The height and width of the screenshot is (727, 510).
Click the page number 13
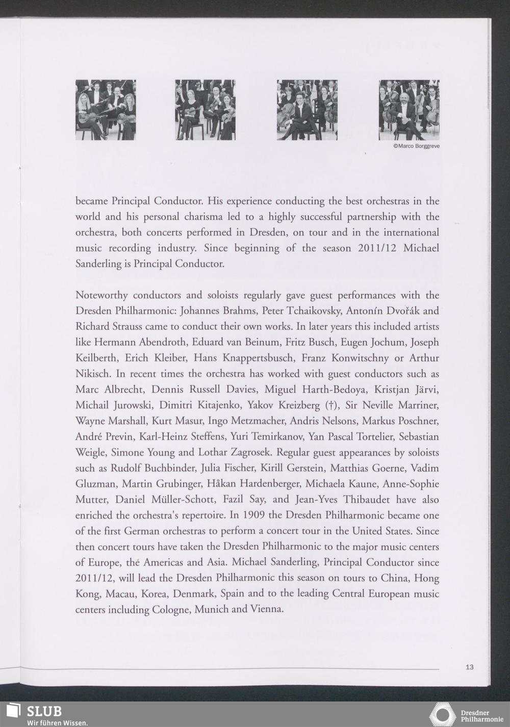click(x=470, y=666)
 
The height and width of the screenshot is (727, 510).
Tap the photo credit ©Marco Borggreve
click(x=416, y=146)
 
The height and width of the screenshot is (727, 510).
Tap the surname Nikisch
click(x=92, y=374)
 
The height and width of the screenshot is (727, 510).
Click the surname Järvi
click(x=425, y=390)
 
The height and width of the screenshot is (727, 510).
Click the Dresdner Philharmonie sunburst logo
click(x=442, y=714)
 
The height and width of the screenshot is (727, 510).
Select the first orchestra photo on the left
click(x=106, y=110)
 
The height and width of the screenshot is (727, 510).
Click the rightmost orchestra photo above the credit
click(x=409, y=110)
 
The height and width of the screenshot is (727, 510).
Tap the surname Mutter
click(x=90, y=500)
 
